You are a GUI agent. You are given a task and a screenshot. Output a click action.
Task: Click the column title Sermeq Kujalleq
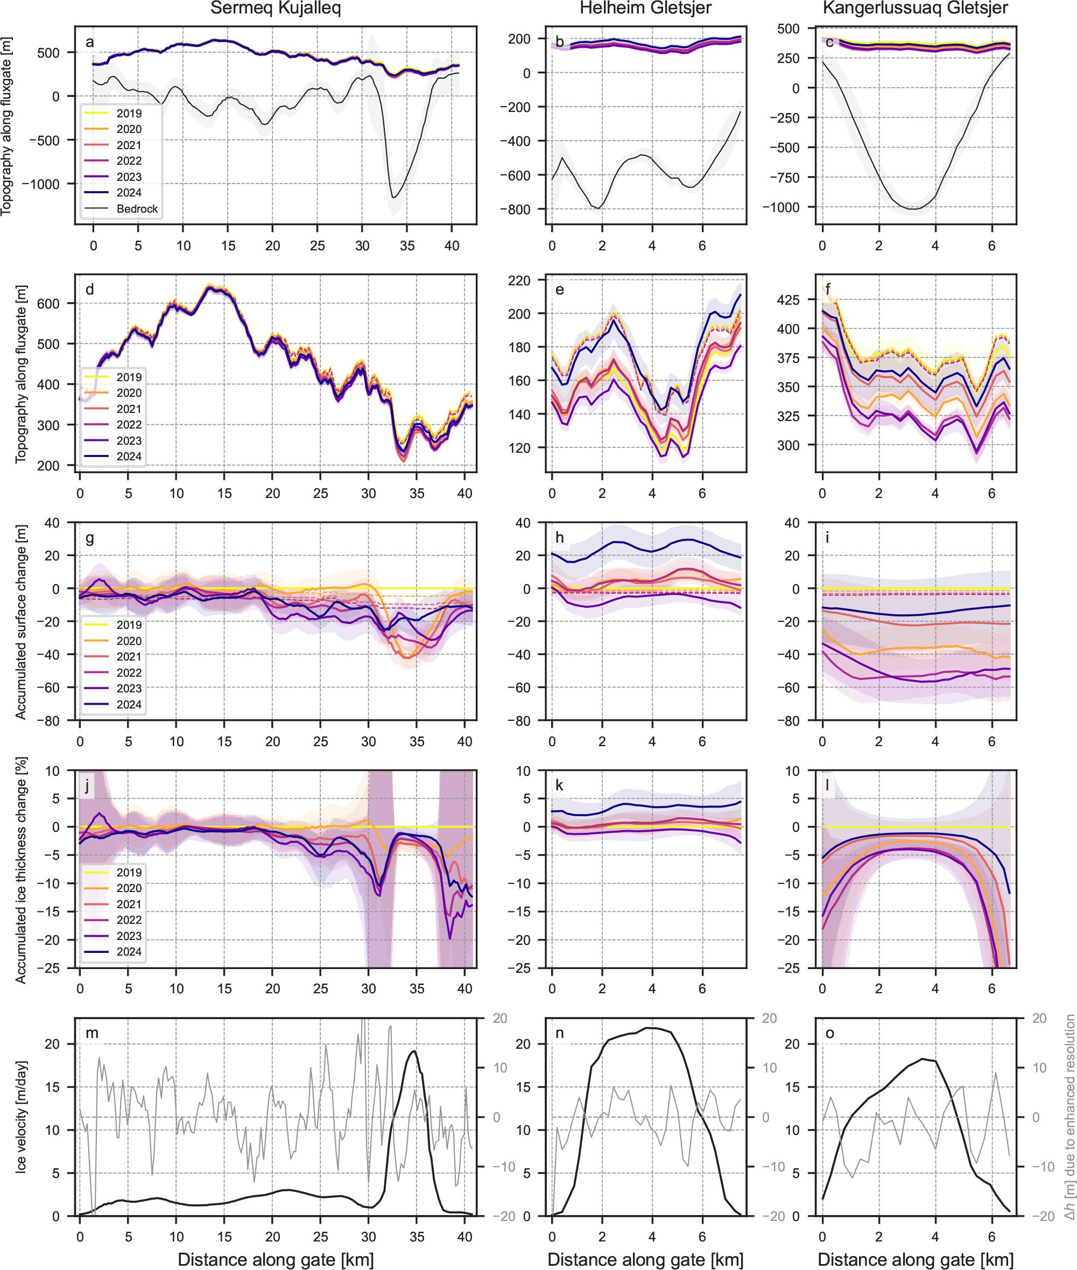point(276,9)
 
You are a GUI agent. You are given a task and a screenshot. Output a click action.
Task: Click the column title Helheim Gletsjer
point(645,9)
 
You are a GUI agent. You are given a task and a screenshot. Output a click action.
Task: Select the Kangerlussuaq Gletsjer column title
point(915,9)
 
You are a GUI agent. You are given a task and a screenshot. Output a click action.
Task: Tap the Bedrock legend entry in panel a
point(137,209)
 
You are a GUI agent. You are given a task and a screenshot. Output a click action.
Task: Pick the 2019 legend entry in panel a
point(129,114)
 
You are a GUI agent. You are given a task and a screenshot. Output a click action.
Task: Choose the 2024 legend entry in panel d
point(129,456)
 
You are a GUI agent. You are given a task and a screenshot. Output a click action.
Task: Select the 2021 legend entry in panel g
point(129,657)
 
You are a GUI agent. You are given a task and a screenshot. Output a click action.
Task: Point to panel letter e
point(559,290)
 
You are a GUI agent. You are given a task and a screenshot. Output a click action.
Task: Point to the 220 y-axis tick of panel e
point(519,280)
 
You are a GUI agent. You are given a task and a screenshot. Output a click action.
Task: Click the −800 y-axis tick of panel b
point(515,209)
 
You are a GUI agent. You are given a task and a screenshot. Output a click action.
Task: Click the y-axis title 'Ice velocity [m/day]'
point(22,1125)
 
